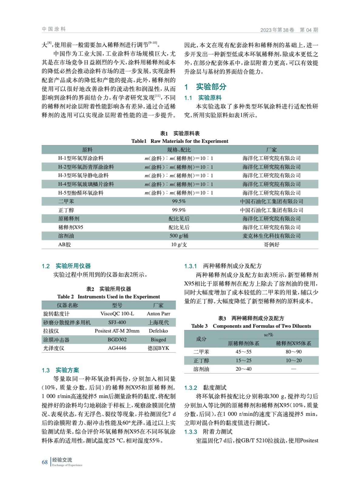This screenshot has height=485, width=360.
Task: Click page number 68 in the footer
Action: tap(45, 462)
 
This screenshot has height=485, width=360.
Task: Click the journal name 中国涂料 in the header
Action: tap(54, 29)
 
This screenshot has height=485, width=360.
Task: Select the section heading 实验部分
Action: tap(211, 87)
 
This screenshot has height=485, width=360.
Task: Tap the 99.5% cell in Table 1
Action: tap(179, 201)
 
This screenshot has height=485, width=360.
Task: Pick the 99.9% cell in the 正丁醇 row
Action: tap(179, 210)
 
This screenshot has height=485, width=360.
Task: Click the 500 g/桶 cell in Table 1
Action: tap(179, 236)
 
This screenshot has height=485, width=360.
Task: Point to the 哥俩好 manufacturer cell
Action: tap(271, 245)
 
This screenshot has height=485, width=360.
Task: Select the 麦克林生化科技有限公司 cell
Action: tap(271, 236)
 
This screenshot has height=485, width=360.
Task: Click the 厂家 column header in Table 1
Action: tap(271, 150)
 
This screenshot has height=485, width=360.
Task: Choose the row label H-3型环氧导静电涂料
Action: tap(83, 176)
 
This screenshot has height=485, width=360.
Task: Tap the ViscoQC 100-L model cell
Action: tap(117, 314)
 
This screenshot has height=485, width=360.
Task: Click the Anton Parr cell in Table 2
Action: tap(158, 314)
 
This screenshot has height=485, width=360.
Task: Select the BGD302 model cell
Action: tap(117, 339)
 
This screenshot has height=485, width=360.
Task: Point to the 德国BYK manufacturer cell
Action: tap(158, 348)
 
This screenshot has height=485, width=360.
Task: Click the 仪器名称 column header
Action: tap(67, 305)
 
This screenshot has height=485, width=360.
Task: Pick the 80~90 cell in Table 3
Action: tap(293, 352)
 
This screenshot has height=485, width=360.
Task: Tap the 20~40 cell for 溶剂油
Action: tap(244, 369)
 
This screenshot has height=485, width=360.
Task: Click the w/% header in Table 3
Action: tap(268, 335)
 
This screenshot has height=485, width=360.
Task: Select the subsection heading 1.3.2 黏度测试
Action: tap(205, 388)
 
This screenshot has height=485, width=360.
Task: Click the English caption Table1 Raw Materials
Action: tap(180, 141)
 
